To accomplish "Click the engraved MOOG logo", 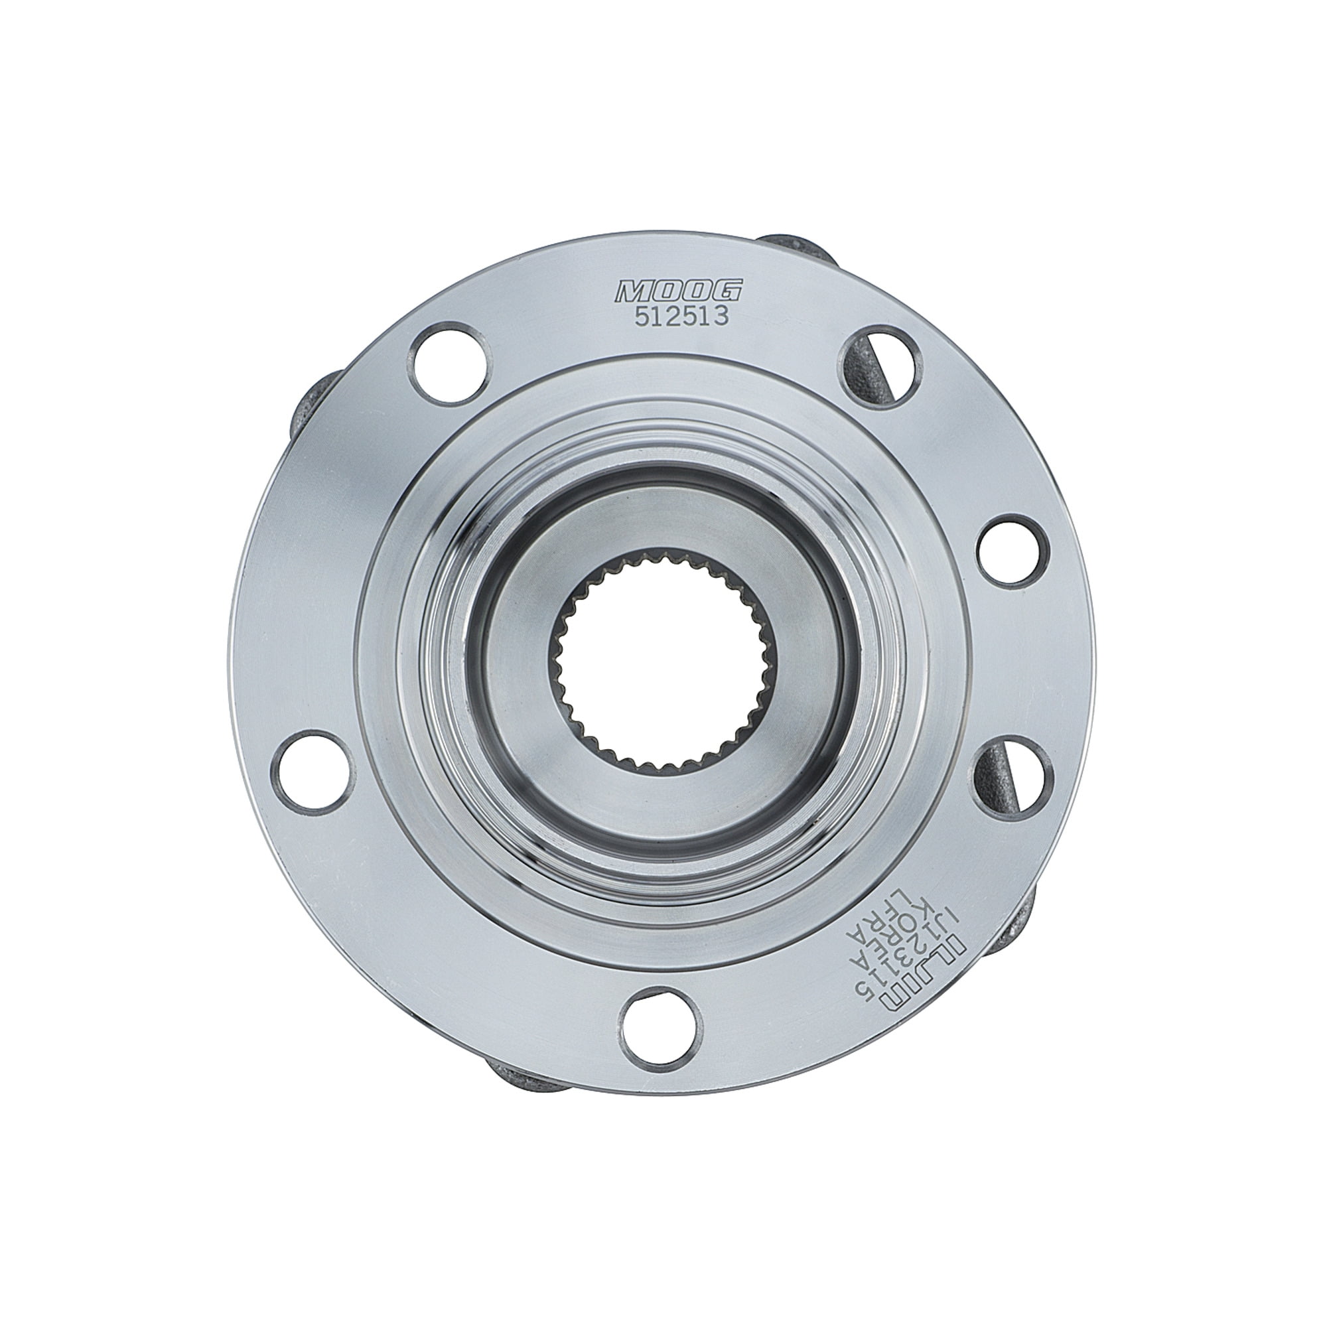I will click(x=678, y=291).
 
